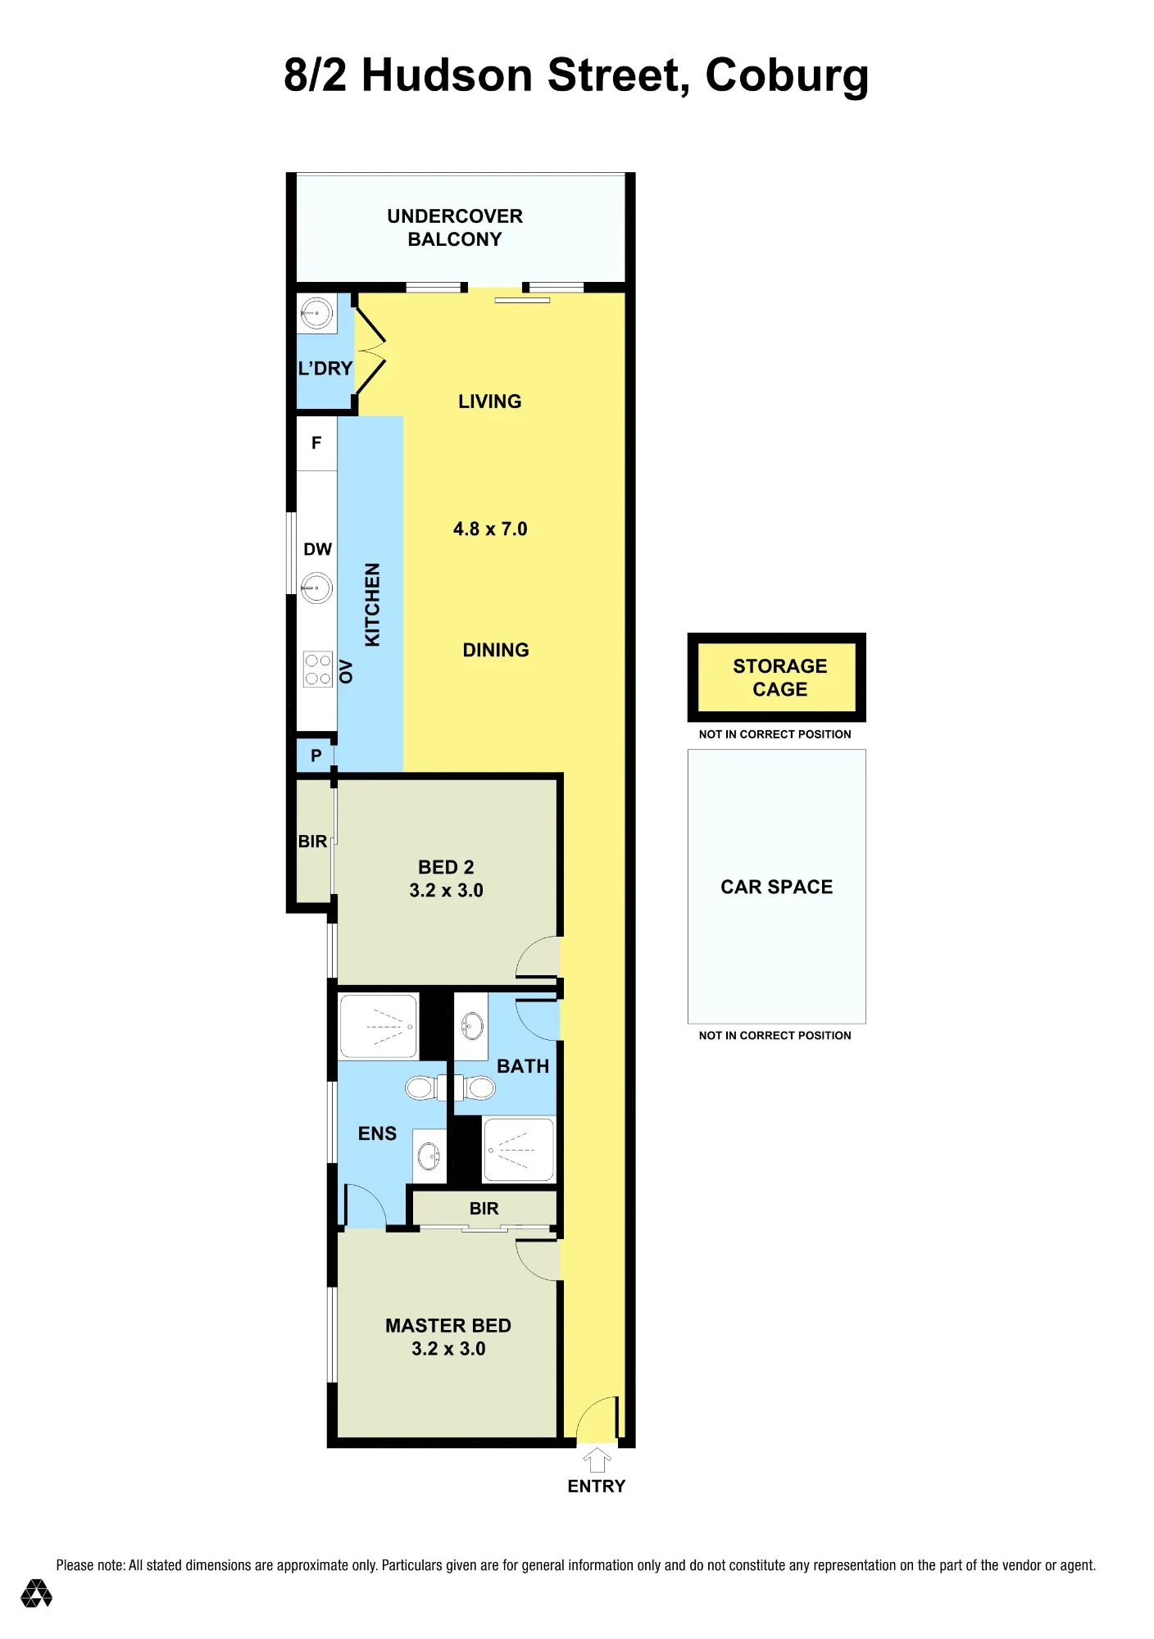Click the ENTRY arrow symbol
pos(597,1460)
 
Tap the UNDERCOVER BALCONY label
pos(455,228)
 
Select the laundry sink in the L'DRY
pos(316,313)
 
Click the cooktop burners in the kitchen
pos(318,669)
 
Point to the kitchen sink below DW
pos(316,588)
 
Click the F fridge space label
pos(316,443)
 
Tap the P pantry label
pos(316,756)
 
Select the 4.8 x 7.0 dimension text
pos(490,529)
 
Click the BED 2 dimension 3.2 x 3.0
pos(447,891)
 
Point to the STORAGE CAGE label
pos(780,678)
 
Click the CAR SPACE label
pos(777,887)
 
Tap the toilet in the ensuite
pos(425,1087)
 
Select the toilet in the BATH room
pos(475,1087)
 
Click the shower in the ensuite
pos(379,1026)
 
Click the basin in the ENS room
pos(429,1156)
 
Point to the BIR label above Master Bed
pos(484,1209)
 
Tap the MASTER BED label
pos(448,1326)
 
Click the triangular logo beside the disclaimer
pos(36,1593)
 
